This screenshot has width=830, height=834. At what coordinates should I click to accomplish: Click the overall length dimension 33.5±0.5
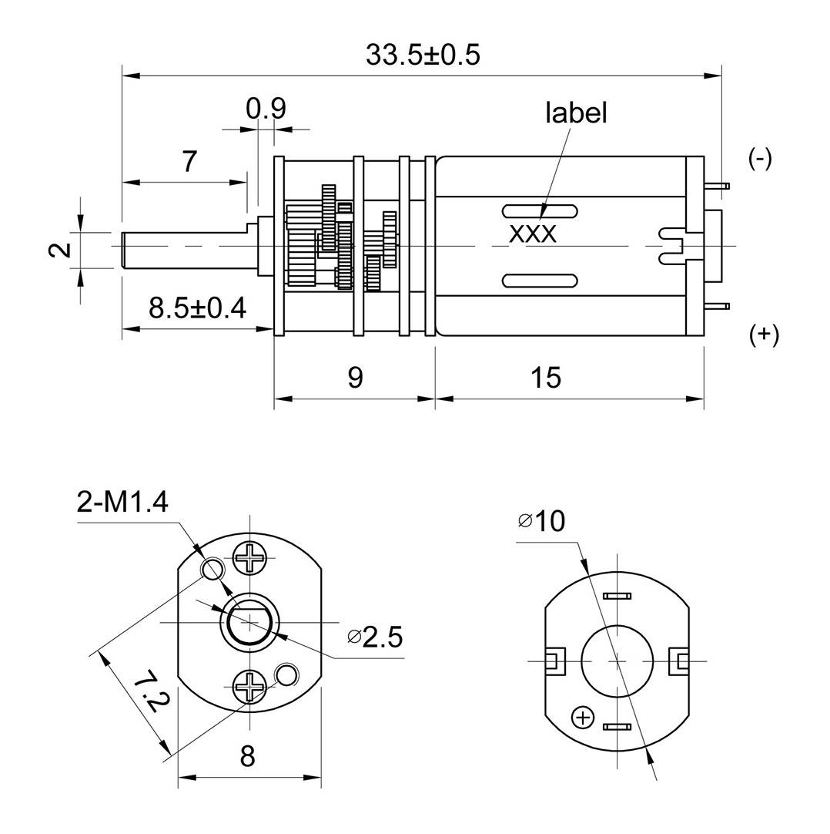[x=423, y=55]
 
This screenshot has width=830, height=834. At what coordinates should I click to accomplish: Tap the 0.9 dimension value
[x=266, y=109]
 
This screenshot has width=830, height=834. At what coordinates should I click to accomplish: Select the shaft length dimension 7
[x=189, y=162]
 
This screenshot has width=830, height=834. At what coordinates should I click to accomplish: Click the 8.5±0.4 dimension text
[x=197, y=308]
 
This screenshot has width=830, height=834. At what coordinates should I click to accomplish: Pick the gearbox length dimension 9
[x=354, y=378]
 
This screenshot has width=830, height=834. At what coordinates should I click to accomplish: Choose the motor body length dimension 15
[x=546, y=378]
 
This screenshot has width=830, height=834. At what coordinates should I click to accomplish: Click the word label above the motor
[x=576, y=113]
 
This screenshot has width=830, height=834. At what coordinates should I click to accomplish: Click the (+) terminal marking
[x=764, y=335]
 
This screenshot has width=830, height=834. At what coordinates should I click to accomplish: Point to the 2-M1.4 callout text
[x=122, y=503]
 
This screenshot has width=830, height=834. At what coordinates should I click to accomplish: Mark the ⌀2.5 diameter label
[x=375, y=637]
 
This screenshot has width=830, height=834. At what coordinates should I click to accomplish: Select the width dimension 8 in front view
[x=247, y=756]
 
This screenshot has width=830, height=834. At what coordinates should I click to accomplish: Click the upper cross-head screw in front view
[x=250, y=557]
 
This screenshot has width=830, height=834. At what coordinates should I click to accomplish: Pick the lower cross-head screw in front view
[x=250, y=684]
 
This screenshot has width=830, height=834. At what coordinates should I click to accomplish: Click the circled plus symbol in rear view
[x=583, y=718]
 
